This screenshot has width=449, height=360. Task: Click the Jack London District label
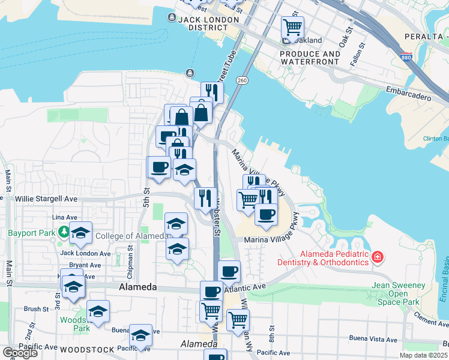[208, 19]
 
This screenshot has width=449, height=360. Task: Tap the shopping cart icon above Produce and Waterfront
[292, 26]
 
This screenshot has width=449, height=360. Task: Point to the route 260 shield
[242, 80]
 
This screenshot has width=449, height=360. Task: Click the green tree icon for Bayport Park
[63, 231]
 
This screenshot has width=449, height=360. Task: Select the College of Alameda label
[131, 236]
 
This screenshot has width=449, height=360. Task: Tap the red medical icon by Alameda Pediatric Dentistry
[377, 257]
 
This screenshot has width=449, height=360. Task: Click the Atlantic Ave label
[244, 288]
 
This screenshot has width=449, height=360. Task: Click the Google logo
[20, 353]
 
